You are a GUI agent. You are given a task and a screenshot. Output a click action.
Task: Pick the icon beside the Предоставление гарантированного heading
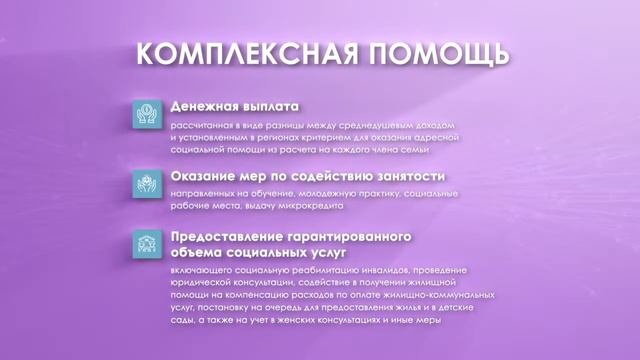[147, 244]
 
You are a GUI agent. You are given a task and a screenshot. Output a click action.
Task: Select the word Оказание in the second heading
[206, 176]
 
